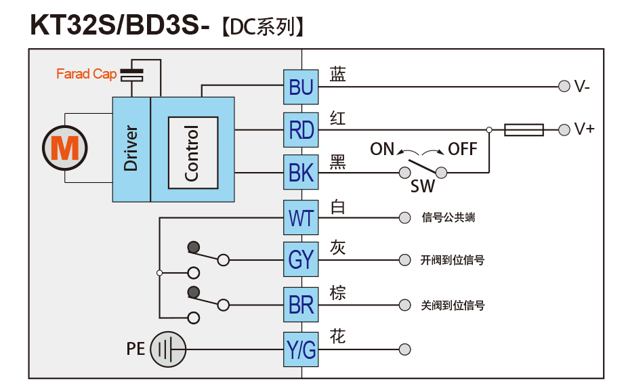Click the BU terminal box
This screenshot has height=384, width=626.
tap(301, 87)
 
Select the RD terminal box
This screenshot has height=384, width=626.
tap(301, 129)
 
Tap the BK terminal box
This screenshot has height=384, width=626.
tap(301, 173)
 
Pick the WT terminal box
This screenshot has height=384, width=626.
tap(301, 217)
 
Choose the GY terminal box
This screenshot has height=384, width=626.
tap(301, 259)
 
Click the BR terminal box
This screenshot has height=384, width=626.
tap(301, 305)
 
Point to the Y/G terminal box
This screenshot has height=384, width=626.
tap(301, 349)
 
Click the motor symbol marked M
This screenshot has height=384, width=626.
tap(65, 147)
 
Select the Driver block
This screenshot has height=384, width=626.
tap(131, 148)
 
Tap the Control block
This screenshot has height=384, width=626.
tap(193, 152)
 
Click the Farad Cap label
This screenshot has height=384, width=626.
tap(86, 74)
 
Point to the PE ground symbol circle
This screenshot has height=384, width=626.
tap(167, 349)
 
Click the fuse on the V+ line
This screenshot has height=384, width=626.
tap(524, 129)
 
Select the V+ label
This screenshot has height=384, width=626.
tap(584, 129)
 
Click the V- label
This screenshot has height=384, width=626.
tap(582, 87)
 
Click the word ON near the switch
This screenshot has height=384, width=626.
tap(382, 149)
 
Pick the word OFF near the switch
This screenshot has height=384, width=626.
tap(463, 149)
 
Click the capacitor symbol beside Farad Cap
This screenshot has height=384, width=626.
tap(131, 74)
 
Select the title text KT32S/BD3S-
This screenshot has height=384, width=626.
tap(120, 25)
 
